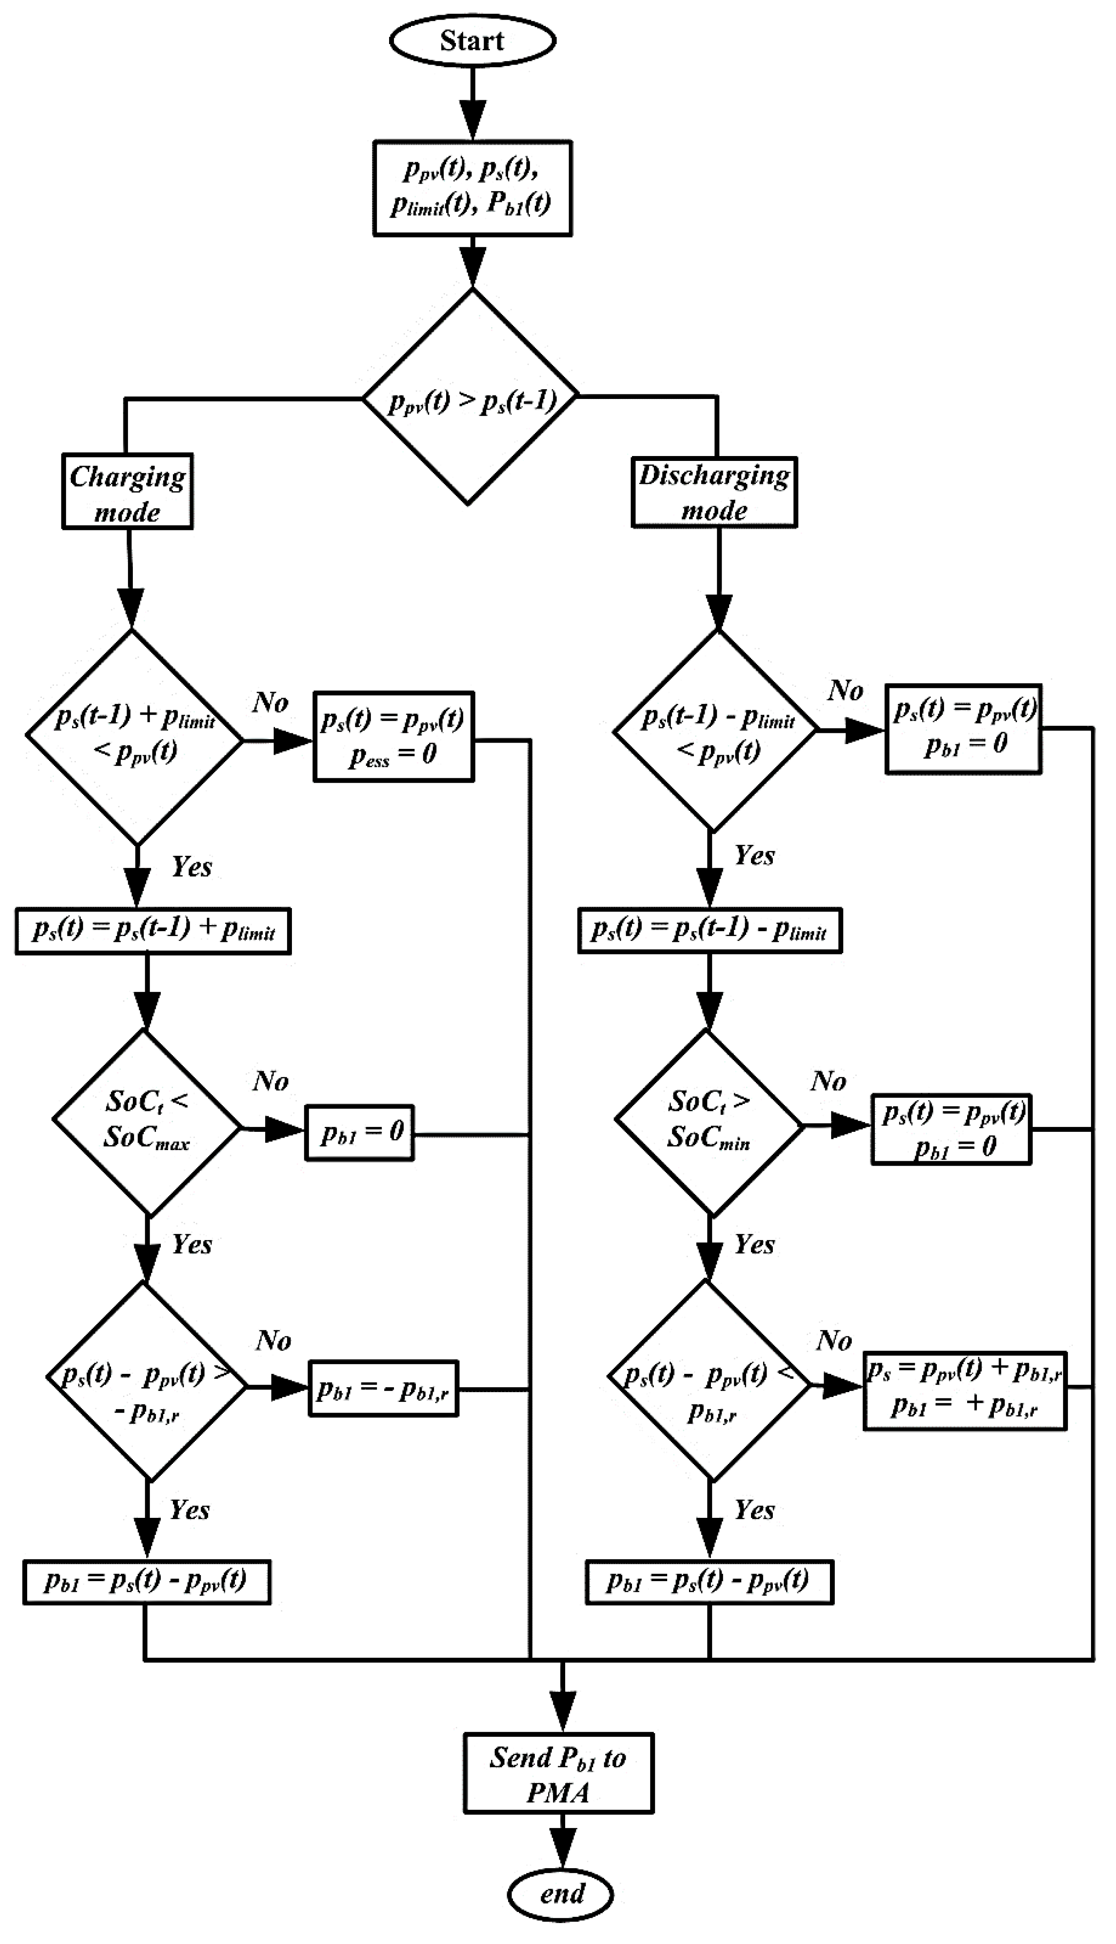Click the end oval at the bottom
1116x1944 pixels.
coord(560,1894)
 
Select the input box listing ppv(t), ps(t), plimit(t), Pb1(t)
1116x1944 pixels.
coord(472,188)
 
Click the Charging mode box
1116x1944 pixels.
coord(127,491)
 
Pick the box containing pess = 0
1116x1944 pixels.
coord(393,737)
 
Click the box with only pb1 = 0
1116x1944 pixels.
coord(360,1132)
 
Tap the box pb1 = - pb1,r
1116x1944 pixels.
coord(383,1388)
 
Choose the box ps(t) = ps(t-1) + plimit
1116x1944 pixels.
coord(153,931)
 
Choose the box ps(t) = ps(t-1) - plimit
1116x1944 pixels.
coord(710,931)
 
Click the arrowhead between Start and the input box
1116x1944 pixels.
coord(472,120)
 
